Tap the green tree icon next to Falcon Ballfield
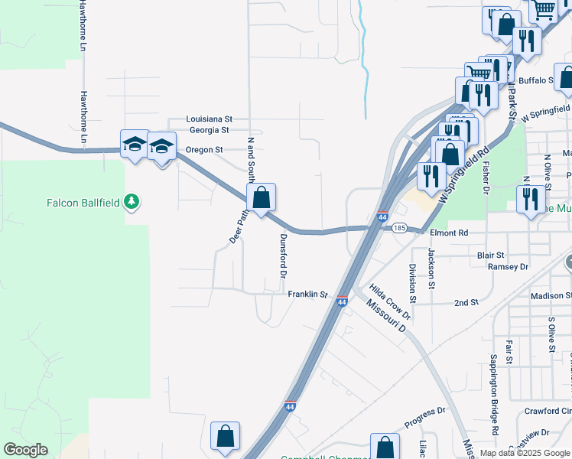[134, 202]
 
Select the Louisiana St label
[210, 119]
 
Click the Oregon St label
[204, 150]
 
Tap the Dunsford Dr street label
[282, 256]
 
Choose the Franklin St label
[307, 294]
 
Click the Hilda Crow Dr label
[391, 302]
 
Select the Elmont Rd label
[449, 233]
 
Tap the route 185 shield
[398, 228]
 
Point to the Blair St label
[490, 256]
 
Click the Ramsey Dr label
[508, 267]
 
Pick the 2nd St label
[466, 302]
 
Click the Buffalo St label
[535, 80]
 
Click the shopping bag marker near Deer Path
[261, 197]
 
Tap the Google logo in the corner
[25, 450]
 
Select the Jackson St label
[432, 269]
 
